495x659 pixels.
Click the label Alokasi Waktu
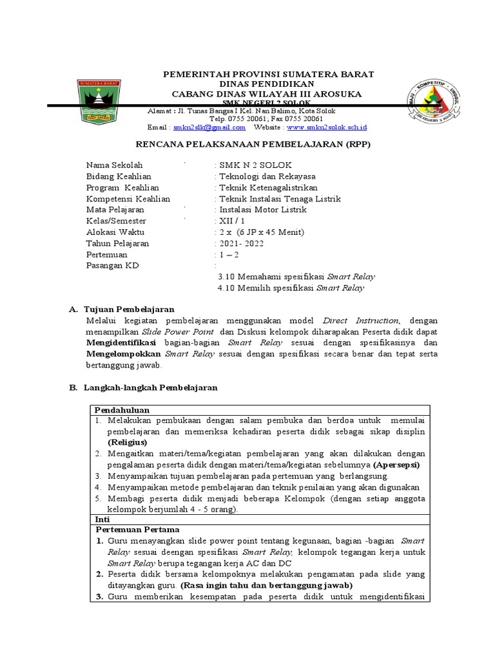tap(115, 232)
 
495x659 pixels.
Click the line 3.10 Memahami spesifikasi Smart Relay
tap(296, 277)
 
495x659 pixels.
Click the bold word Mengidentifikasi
tap(122, 343)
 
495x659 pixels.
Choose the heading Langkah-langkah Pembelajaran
tap(150, 388)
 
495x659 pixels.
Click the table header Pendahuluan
tap(122, 410)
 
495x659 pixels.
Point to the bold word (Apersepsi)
tap(397, 464)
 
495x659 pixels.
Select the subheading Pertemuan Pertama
tap(133, 530)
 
